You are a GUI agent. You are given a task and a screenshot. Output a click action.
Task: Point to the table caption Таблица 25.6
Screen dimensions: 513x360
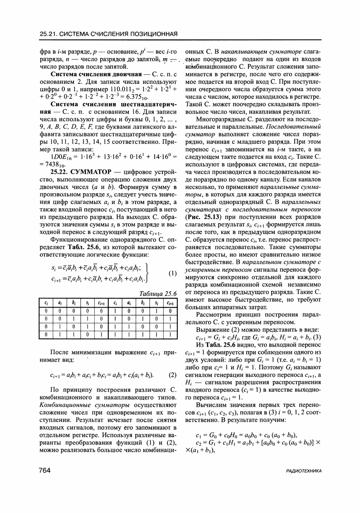(157, 293)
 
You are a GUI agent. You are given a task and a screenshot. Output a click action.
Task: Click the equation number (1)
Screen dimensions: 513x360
(172, 273)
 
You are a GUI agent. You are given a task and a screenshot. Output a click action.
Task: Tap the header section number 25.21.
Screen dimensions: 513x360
(49, 34)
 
